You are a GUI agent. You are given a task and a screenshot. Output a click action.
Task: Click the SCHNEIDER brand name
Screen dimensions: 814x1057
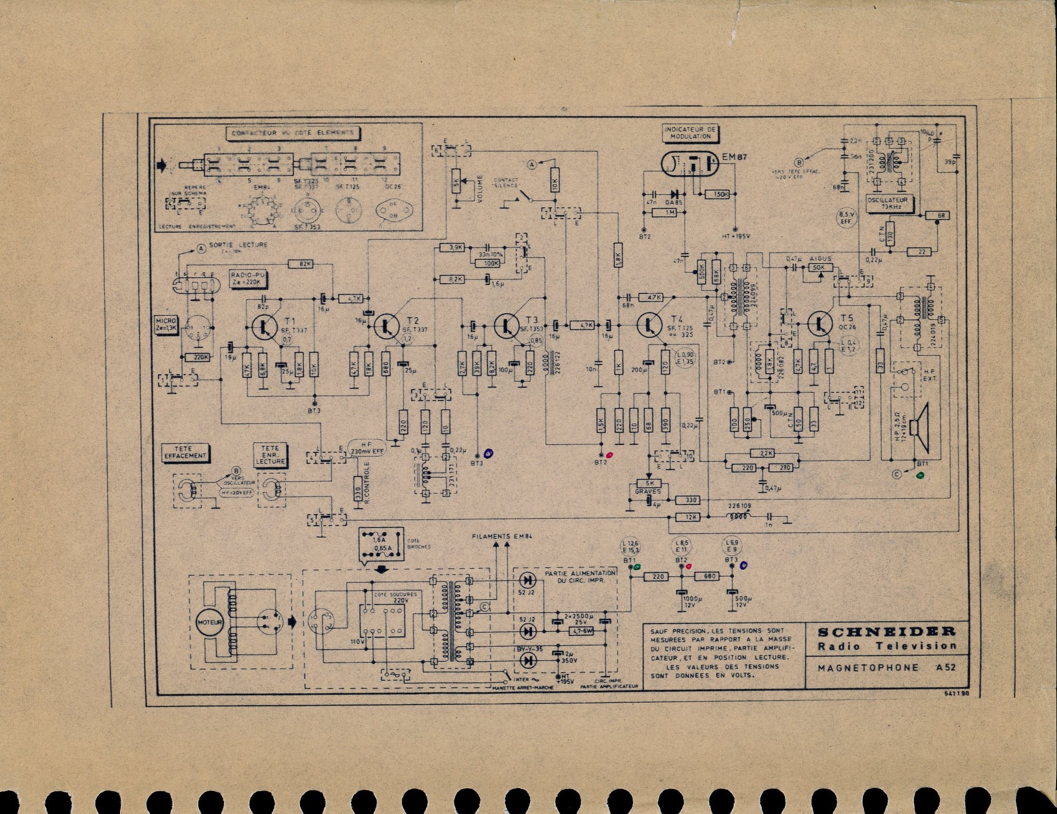coord(886,632)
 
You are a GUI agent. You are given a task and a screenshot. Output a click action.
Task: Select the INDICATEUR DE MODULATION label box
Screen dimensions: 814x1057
coord(690,133)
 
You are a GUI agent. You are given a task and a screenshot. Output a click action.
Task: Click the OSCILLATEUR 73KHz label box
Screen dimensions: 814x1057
coord(890,203)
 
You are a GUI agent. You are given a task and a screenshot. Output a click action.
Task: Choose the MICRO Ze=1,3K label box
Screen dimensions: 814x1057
coord(166,325)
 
